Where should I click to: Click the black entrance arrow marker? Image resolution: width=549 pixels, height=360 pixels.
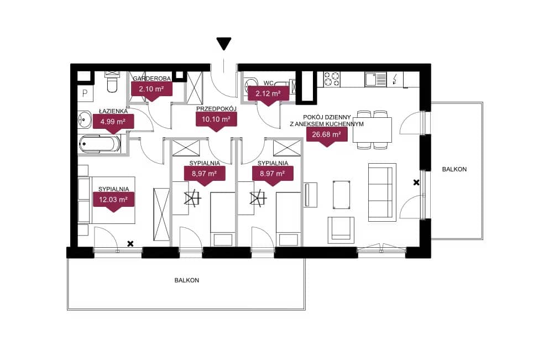tap(224, 44)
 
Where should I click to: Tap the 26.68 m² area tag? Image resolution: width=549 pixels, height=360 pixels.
tap(327, 136)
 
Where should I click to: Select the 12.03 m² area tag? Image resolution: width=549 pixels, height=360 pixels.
tap(113, 201)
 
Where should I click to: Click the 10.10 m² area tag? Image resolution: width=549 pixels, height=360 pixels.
tap(216, 121)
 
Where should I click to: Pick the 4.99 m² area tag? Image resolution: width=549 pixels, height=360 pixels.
tap(113, 123)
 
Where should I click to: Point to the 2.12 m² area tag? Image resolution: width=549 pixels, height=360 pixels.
tap(268, 95)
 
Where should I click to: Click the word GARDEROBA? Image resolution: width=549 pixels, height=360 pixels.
tap(151, 79)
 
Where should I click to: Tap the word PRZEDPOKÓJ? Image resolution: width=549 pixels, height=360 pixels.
tap(216, 109)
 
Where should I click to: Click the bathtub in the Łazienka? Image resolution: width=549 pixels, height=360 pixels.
tap(100, 144)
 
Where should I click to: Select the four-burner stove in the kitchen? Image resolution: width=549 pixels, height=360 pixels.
tap(332, 79)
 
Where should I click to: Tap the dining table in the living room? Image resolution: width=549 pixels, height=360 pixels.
tap(372, 129)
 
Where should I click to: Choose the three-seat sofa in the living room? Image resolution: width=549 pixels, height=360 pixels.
tap(382, 192)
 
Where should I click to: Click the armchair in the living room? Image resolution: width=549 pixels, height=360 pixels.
tap(341, 229)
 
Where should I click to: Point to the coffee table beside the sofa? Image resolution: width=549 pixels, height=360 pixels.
tap(341, 195)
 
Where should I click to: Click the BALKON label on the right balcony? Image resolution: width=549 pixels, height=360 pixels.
tap(454, 169)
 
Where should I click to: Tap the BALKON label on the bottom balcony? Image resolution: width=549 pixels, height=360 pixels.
tap(187, 280)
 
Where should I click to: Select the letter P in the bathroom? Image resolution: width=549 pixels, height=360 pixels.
tap(85, 93)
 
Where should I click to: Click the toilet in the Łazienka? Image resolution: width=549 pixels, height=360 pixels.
tap(112, 82)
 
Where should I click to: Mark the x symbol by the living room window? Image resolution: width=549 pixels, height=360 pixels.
tap(416, 182)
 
